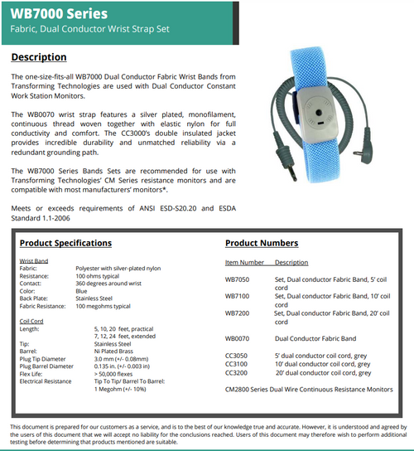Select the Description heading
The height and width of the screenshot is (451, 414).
pos(39,57)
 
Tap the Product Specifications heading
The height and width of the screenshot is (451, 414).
pos(65,244)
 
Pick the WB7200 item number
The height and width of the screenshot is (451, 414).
pos(237,313)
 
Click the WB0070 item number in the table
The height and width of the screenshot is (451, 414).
pos(237,338)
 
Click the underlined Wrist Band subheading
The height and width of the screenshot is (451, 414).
pos(33,260)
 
